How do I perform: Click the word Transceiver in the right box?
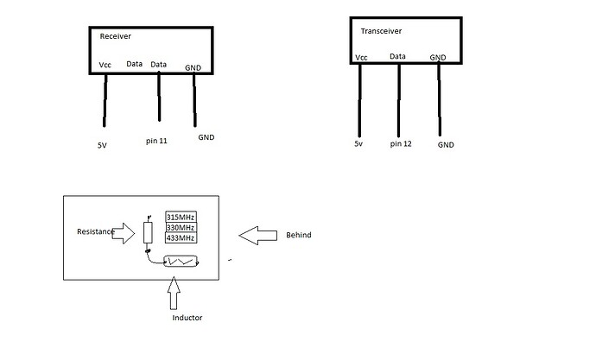coord(381,31)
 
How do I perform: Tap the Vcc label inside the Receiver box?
coord(105,64)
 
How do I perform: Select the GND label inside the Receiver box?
coord(193,66)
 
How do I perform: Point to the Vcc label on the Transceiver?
coord(361,59)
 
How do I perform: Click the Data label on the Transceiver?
coord(397,57)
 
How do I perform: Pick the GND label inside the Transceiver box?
coord(438,58)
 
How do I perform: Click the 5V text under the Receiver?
coord(102,146)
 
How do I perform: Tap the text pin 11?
coord(156,137)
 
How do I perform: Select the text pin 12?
coord(401,142)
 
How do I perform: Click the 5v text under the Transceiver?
coord(358,142)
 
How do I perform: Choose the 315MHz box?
coord(181,217)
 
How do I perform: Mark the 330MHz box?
coord(181,227)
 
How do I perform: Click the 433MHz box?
coord(181,237)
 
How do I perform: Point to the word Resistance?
coord(94,231)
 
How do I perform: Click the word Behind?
coord(298,235)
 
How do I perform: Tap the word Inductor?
coord(187,318)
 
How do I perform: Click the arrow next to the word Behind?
coord(256,234)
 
